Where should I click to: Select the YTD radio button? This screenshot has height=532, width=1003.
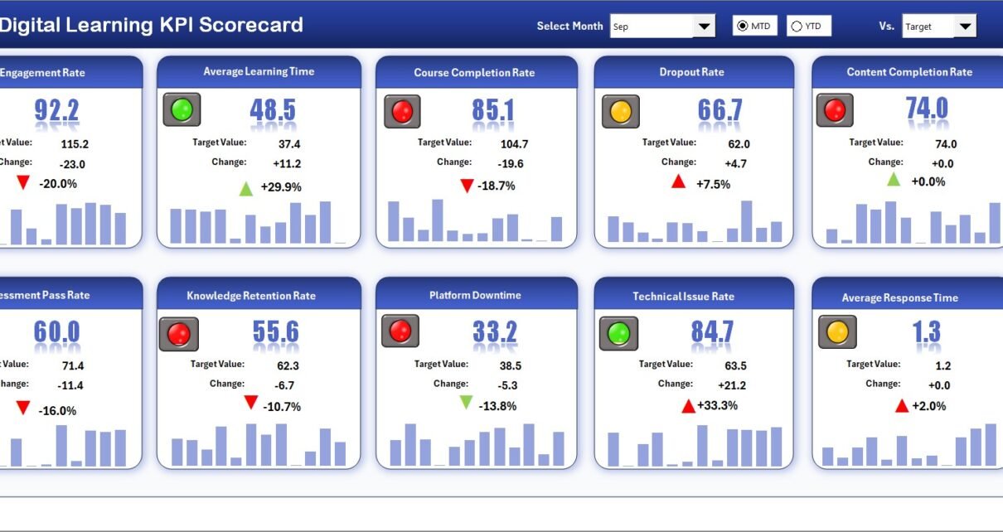797,27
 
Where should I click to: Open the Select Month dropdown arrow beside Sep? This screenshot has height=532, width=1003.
705,27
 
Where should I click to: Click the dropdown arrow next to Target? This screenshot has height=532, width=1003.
965,27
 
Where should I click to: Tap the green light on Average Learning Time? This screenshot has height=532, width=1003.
182,109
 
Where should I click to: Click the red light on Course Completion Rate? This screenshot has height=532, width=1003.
402,111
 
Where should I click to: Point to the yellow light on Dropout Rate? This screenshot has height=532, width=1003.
620,110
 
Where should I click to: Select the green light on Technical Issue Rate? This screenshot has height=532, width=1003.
618,333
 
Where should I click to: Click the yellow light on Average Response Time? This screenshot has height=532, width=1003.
837,332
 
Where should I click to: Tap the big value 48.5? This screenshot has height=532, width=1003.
273,109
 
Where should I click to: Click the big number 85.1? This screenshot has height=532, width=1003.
493,110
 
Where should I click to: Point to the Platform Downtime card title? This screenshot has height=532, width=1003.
475,295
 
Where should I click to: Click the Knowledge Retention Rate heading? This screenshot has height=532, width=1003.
251,296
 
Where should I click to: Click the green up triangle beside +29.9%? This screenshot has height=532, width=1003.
246,188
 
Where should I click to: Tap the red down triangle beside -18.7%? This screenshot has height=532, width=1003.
466,186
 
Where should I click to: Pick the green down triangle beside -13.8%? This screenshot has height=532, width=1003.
466,403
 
